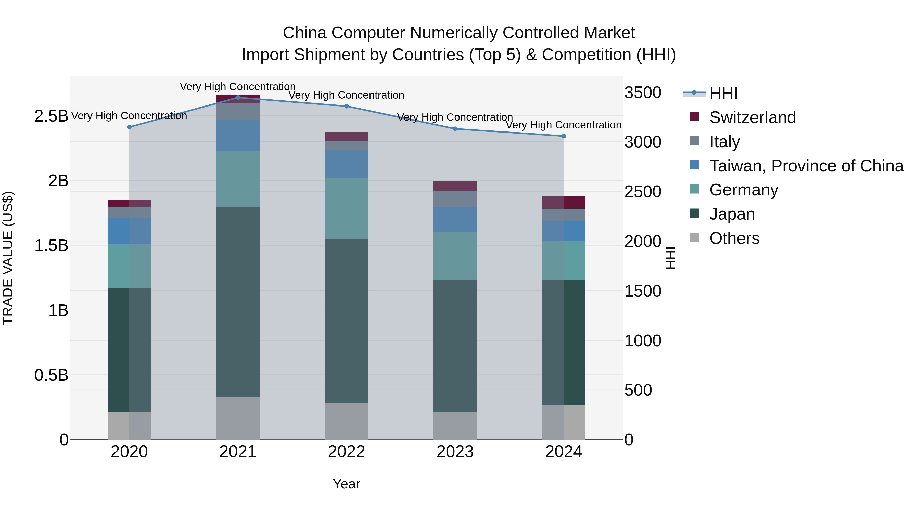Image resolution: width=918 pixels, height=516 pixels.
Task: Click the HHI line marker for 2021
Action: pos(238,97)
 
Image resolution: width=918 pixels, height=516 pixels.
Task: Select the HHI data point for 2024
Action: pos(563,136)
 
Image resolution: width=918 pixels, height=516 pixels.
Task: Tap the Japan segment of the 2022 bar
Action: pos(346,321)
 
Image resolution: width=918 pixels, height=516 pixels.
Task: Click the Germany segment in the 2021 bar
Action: pos(238,179)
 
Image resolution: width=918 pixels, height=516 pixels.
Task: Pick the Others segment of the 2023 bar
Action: pos(455,426)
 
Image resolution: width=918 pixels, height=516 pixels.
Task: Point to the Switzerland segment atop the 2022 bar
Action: pos(346,136)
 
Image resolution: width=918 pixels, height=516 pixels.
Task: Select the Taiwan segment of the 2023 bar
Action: pos(455,219)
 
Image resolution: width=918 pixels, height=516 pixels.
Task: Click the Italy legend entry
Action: pos(724,141)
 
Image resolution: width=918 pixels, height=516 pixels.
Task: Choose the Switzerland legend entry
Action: pos(752,117)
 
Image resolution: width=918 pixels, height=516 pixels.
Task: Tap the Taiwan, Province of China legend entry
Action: pos(806,166)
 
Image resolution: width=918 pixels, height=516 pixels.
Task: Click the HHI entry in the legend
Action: pos(723,93)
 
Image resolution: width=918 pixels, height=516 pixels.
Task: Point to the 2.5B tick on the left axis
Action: pos(51,116)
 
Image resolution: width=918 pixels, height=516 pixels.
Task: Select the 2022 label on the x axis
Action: pos(346,452)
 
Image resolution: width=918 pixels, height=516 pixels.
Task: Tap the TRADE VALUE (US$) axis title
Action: pos(8,258)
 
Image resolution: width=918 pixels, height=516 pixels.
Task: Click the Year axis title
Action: pos(346,484)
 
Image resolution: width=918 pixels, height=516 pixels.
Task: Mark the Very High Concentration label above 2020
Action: pos(129,116)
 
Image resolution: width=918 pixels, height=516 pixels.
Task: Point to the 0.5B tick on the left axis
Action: pos(51,375)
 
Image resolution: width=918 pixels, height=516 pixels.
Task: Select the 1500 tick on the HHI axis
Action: pos(643,291)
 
